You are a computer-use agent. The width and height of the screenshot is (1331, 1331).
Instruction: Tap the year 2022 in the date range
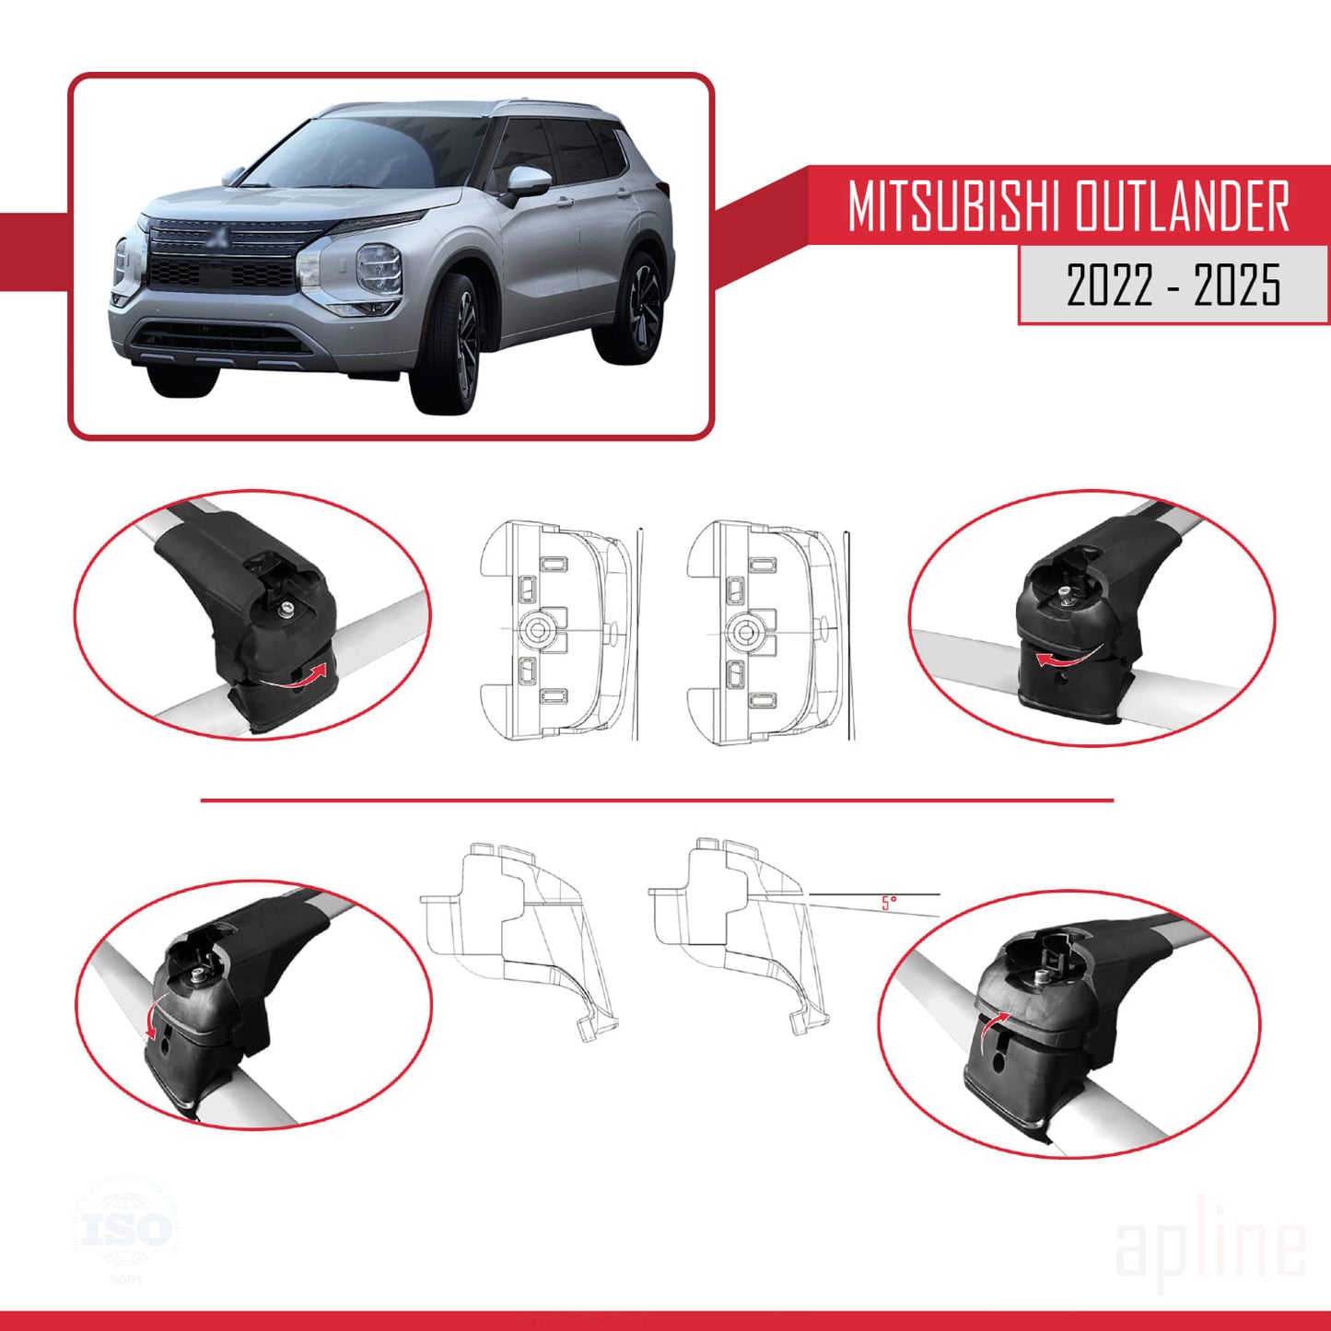tap(1110, 285)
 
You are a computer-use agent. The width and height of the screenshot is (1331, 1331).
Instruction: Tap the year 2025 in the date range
tap(1237, 285)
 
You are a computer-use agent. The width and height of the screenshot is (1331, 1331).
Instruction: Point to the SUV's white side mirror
tap(529, 179)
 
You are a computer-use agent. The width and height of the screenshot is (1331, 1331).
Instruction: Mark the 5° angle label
tap(888, 904)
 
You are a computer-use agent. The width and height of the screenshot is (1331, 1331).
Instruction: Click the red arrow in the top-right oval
tap(1063, 658)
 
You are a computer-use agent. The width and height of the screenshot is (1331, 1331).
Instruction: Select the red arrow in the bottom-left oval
tap(151, 1018)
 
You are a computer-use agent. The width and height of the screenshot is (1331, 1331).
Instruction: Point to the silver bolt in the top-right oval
tap(1065, 590)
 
